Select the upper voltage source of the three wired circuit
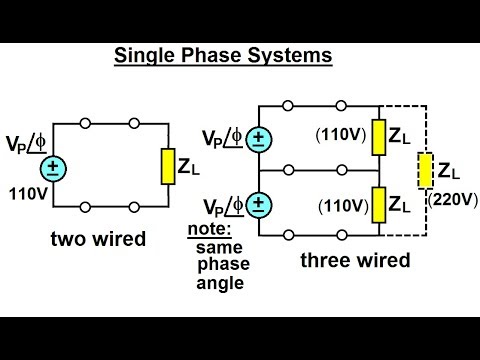pyautogui.click(x=259, y=137)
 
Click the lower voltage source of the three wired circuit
pyautogui.click(x=259, y=205)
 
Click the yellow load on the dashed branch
pyautogui.click(x=426, y=170)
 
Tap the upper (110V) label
pyautogui.click(x=338, y=134)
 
